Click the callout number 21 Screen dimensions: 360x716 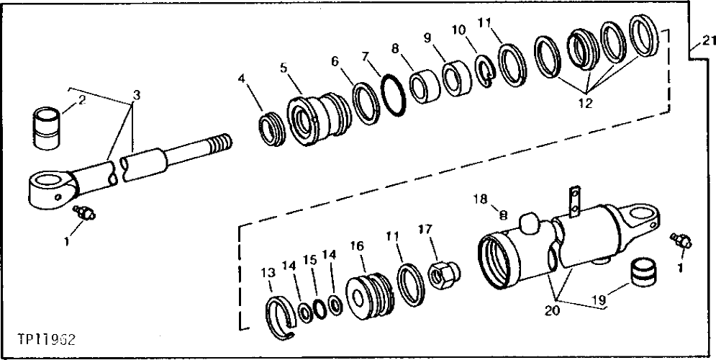pyautogui.click(x=709, y=40)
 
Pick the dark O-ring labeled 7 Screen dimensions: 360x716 pyautogui.click(x=391, y=94)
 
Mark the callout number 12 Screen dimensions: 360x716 pyautogui.click(x=584, y=103)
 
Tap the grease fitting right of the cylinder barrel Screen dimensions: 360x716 pyautogui.click(x=679, y=240)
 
